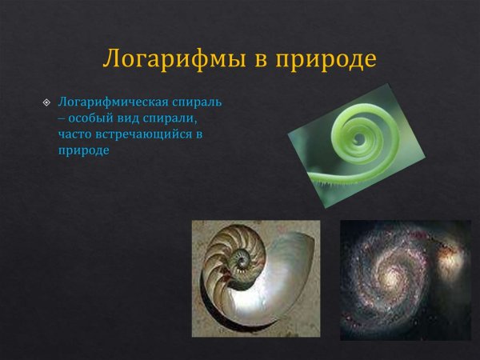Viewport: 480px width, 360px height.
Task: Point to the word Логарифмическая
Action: (107, 103)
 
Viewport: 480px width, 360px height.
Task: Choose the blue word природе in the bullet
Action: (83, 150)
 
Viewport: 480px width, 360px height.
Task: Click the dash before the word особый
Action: (62, 118)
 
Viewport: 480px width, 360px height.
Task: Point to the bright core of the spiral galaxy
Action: (394, 276)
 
